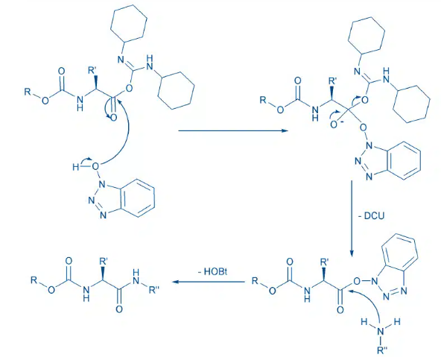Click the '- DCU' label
coord(371,216)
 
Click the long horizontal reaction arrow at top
coord(233,131)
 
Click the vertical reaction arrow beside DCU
coord(352,218)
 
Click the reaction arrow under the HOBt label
coord(209,282)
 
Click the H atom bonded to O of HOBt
coord(76,168)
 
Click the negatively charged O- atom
coord(334,124)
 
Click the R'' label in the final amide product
coord(154,290)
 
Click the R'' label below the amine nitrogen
coord(382,350)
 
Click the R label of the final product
coord(34,280)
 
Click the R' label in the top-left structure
coord(92,70)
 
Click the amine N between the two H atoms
coord(381,332)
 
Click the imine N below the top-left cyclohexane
coord(121,60)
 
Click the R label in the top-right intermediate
coord(263,100)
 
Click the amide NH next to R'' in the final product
coord(136,277)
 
